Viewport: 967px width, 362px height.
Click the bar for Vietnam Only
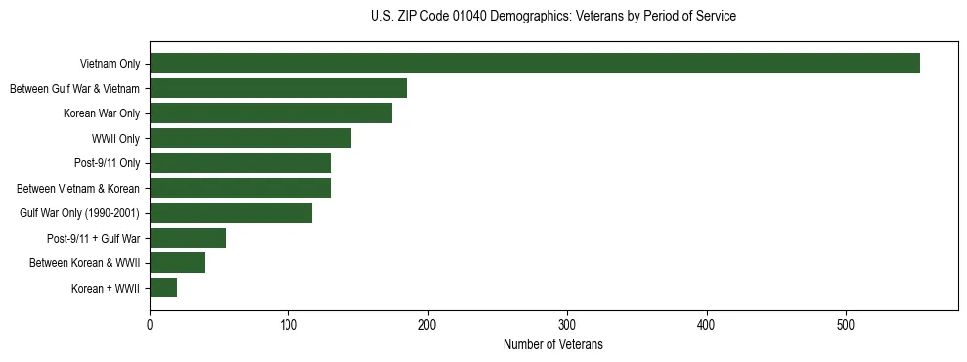pos(535,64)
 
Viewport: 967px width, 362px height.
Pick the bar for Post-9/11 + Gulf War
pos(188,238)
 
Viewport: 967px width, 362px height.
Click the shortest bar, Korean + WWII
pos(163,288)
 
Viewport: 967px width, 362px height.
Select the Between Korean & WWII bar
pos(177,262)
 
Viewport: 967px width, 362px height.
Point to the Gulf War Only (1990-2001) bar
pos(231,213)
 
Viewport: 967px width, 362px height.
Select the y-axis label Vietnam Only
pos(110,65)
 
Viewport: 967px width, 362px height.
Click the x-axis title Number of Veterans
pos(553,345)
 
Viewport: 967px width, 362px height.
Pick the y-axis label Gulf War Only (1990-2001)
pos(79,213)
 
